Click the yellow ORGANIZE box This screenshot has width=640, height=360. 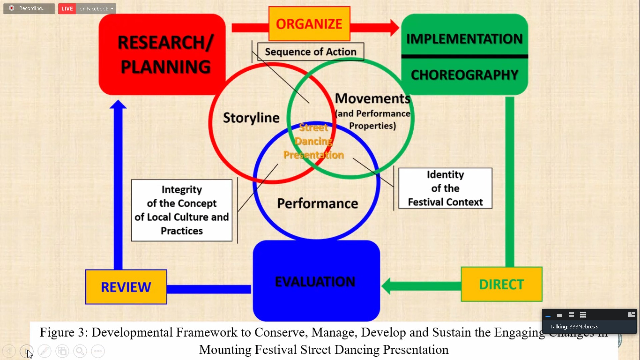pyautogui.click(x=309, y=24)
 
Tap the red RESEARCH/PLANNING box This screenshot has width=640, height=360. pyautogui.click(x=162, y=54)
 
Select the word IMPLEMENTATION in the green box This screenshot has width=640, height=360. pyautogui.click(x=464, y=39)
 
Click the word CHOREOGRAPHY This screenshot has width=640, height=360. pyautogui.click(x=464, y=75)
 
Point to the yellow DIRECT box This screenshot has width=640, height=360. pyautogui.click(x=501, y=284)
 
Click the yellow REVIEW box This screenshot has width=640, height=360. pyautogui.click(x=126, y=287)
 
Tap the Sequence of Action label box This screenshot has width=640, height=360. pyautogui.click(x=310, y=52)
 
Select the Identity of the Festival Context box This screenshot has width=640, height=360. pyautogui.click(x=445, y=188)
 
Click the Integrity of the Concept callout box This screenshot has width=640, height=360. pyautogui.click(x=182, y=210)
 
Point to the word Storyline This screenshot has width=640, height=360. pyautogui.click(x=251, y=118)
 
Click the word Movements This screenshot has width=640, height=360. pyautogui.click(x=372, y=99)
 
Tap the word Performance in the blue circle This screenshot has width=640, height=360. pyautogui.click(x=317, y=203)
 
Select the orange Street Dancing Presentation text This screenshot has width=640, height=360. pyautogui.click(x=314, y=141)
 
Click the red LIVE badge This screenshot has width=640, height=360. pyautogui.click(x=67, y=9)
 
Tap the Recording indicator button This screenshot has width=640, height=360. pyautogui.click(x=29, y=8)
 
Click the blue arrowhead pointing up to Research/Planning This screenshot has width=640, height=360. pyautogui.click(x=118, y=105)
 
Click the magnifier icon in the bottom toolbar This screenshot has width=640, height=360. pyautogui.click(x=80, y=351)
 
